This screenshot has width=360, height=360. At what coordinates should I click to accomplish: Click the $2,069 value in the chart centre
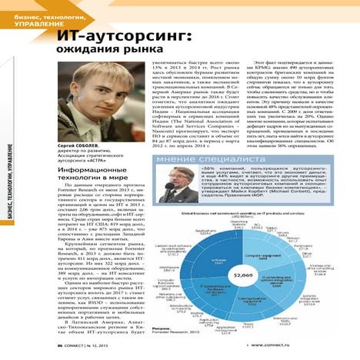coord(243,275)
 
